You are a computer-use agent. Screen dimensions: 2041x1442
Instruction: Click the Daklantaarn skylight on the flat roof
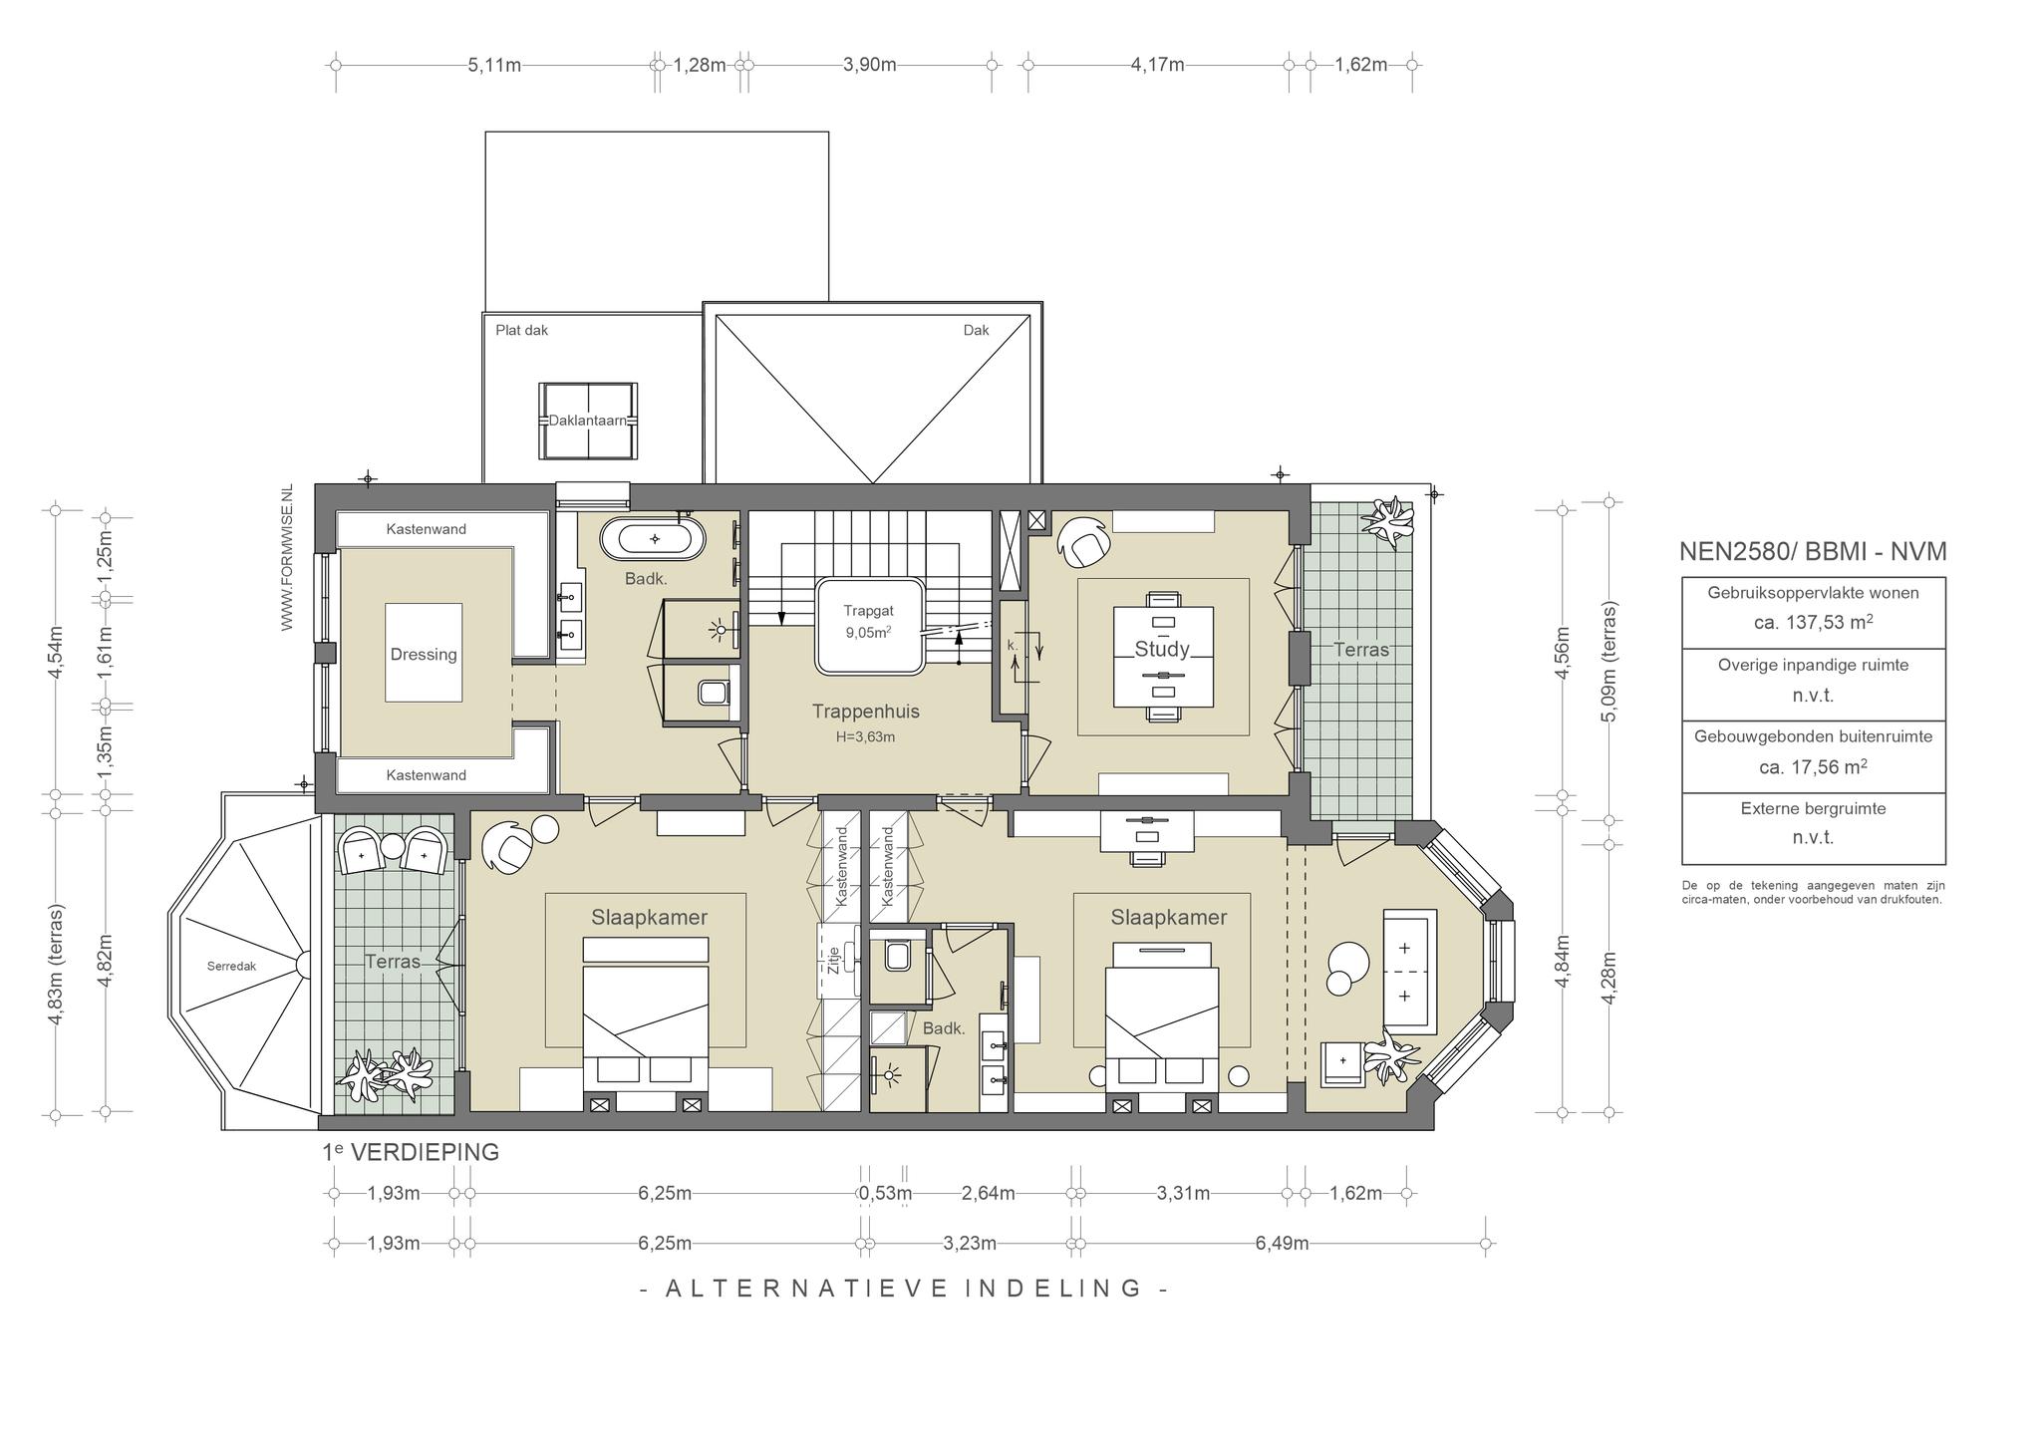tap(588, 421)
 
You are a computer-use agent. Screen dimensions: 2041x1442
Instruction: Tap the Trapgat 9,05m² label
tap(868, 621)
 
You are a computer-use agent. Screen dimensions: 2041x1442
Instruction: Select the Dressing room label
tap(424, 655)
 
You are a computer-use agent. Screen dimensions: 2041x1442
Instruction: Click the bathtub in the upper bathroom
tap(653, 539)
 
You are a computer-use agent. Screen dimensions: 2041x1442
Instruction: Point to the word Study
tap(1162, 650)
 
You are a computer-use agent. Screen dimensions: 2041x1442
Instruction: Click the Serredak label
tap(231, 966)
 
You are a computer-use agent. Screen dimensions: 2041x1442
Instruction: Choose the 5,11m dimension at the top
tap(494, 66)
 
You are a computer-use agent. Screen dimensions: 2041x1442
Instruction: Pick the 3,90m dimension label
tap(869, 66)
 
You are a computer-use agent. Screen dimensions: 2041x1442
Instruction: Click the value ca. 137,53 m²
tap(1813, 623)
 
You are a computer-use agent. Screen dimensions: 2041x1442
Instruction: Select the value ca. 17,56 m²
tap(1813, 767)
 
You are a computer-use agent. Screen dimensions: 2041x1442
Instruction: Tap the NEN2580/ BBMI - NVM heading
tap(1813, 552)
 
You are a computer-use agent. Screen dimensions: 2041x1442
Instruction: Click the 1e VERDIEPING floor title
tap(411, 1152)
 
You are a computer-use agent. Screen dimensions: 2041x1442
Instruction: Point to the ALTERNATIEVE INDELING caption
tap(904, 1289)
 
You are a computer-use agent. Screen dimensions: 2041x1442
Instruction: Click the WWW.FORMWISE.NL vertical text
tap(287, 558)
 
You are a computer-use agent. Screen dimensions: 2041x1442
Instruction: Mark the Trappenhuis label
tap(865, 712)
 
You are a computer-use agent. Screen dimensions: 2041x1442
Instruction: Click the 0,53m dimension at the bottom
tap(885, 1194)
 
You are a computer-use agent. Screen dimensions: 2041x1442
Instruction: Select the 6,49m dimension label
tap(1282, 1244)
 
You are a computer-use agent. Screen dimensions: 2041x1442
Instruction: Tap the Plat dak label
tap(522, 330)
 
